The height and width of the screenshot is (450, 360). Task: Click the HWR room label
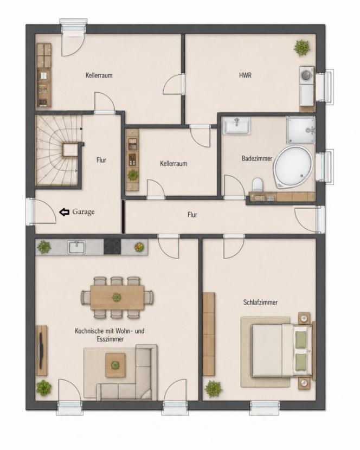tap(245, 75)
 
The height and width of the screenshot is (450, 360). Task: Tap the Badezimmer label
tap(256, 158)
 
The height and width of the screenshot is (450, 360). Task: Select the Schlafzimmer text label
tap(260, 302)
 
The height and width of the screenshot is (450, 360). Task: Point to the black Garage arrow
tap(65, 212)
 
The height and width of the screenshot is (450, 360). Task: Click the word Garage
tap(83, 212)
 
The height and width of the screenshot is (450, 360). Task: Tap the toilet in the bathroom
tap(258, 184)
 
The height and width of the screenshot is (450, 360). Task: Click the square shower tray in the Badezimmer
tap(300, 130)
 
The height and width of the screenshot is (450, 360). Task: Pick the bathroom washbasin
tap(237, 125)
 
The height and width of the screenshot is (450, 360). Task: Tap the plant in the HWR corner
tap(302, 48)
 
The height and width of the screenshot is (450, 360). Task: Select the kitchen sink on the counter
tap(76, 247)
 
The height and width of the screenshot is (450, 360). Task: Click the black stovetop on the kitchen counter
tap(113, 247)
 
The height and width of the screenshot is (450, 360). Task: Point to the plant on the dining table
tap(117, 297)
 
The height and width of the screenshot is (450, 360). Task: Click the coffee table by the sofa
tap(115, 365)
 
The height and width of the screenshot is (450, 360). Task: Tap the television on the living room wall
tap(41, 350)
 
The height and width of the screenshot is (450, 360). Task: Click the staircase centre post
tap(70, 150)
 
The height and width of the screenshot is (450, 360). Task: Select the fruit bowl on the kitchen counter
tap(139, 247)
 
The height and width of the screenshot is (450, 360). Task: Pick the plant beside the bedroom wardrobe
tap(213, 389)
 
